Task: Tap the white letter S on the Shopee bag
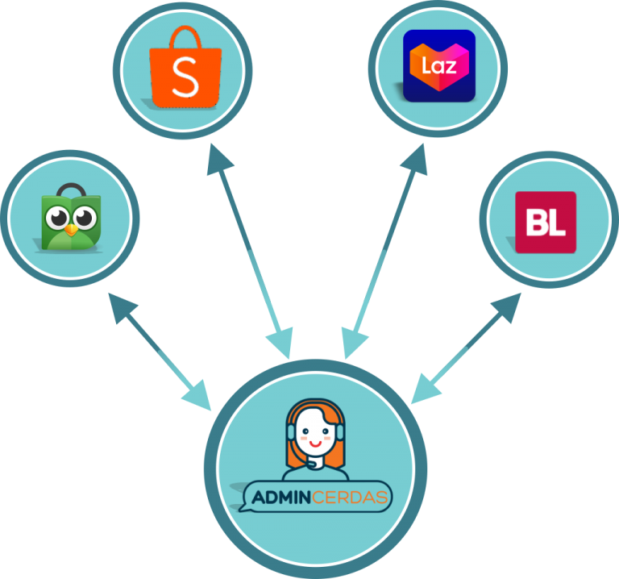185,78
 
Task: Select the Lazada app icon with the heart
438,65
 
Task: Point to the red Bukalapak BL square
546,222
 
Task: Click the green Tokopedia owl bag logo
71,219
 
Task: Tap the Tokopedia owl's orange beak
72,229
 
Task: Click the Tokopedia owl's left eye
57,219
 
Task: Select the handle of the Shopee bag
185,35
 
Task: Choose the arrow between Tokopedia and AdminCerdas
160,351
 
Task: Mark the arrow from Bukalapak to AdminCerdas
467,347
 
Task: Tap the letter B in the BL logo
536,223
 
